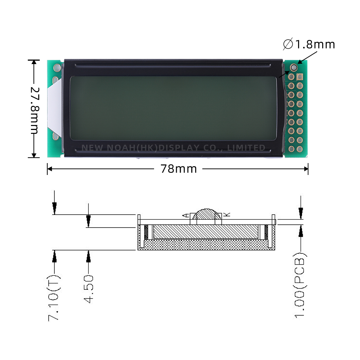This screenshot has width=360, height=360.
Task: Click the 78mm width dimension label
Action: click(x=179, y=169)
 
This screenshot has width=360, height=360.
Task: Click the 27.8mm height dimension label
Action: click(x=34, y=110)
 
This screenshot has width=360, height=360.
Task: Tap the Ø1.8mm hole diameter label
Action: click(x=309, y=45)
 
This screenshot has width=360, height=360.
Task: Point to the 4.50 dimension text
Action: click(x=89, y=289)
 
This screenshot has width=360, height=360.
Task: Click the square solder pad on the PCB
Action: click(x=300, y=77)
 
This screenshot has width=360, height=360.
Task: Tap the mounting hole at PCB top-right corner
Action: click(x=294, y=67)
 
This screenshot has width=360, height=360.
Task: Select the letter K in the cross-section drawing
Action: click(x=226, y=215)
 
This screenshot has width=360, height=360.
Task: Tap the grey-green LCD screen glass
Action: click(x=173, y=108)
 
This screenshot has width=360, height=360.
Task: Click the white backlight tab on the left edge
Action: click(x=54, y=108)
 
